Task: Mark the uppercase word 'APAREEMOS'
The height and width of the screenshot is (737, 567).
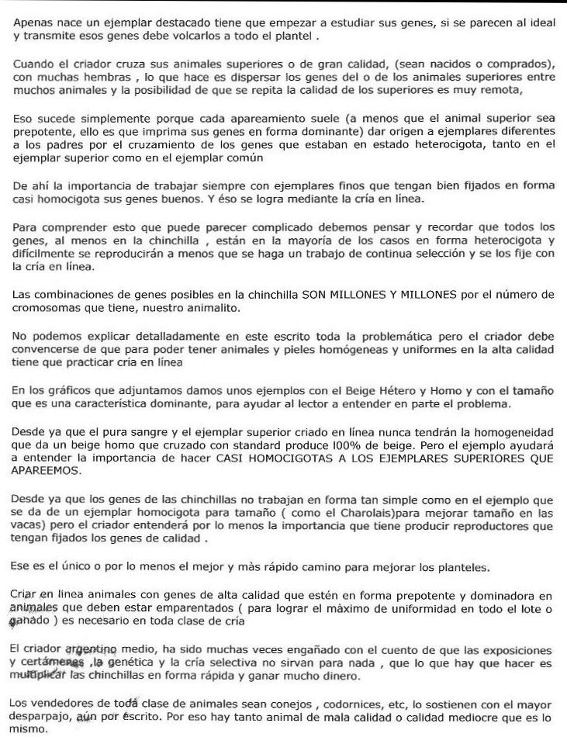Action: pos(47,470)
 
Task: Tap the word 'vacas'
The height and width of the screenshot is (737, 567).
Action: pos(29,528)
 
